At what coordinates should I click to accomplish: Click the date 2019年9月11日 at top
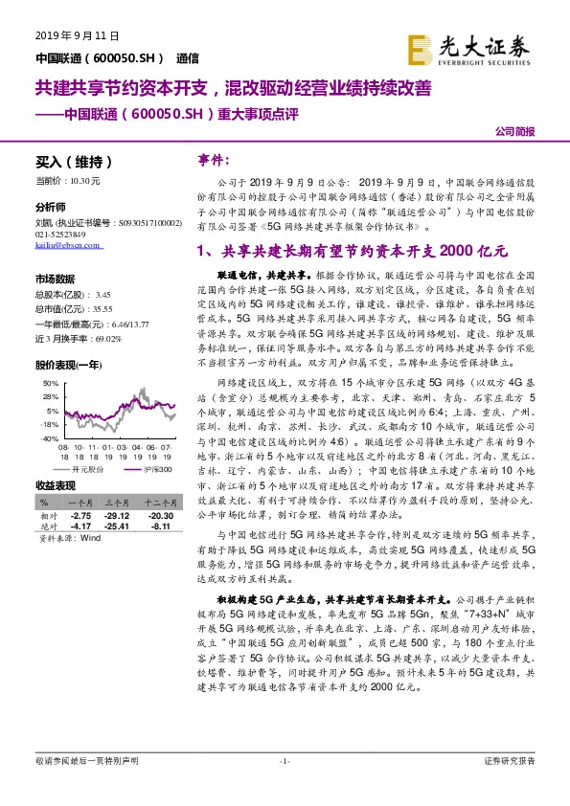(77, 35)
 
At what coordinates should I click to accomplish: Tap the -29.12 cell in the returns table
(117, 515)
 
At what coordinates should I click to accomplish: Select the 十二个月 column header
(159, 503)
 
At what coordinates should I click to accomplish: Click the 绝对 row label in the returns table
(47, 526)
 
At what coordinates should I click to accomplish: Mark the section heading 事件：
(214, 160)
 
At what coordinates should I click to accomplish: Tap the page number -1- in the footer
(285, 761)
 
